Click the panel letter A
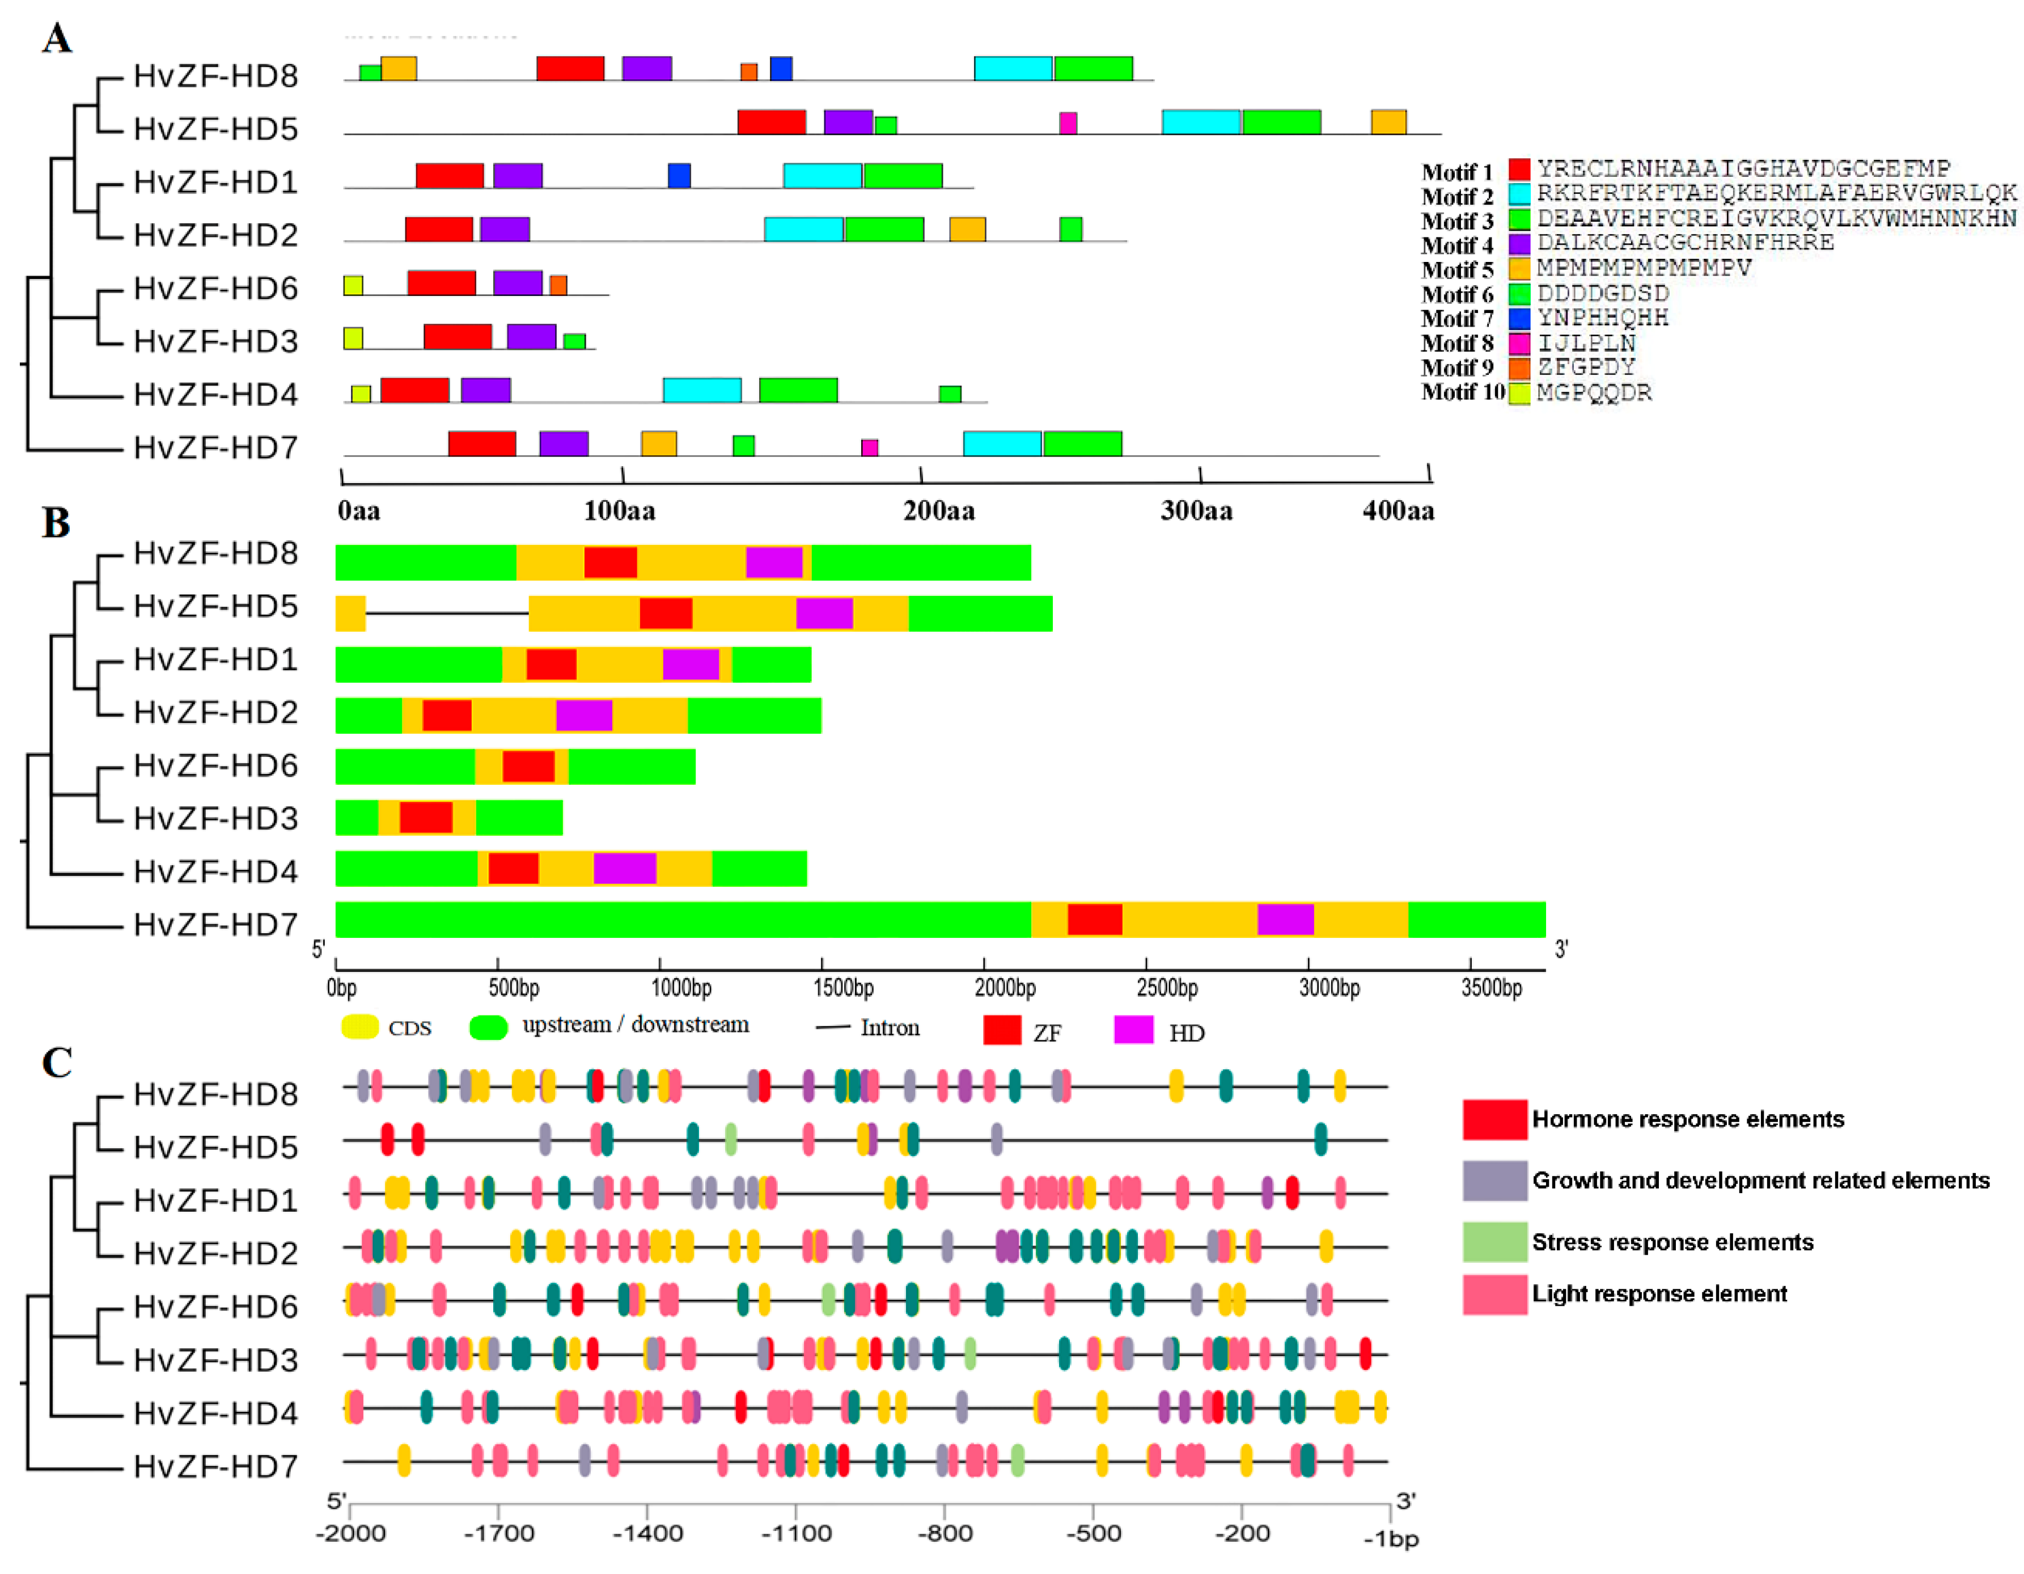[57, 39]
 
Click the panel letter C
[57, 1063]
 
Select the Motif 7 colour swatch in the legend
[1518, 319]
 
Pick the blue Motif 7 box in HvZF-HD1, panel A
[679, 175]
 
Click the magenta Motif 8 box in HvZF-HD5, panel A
[1068, 122]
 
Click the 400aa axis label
[1398, 511]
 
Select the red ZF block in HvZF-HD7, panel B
[1094, 920]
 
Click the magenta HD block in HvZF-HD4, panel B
[625, 869]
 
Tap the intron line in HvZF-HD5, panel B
[447, 613]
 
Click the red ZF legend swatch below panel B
[1002, 1030]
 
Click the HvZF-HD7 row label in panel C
[215, 1466]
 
